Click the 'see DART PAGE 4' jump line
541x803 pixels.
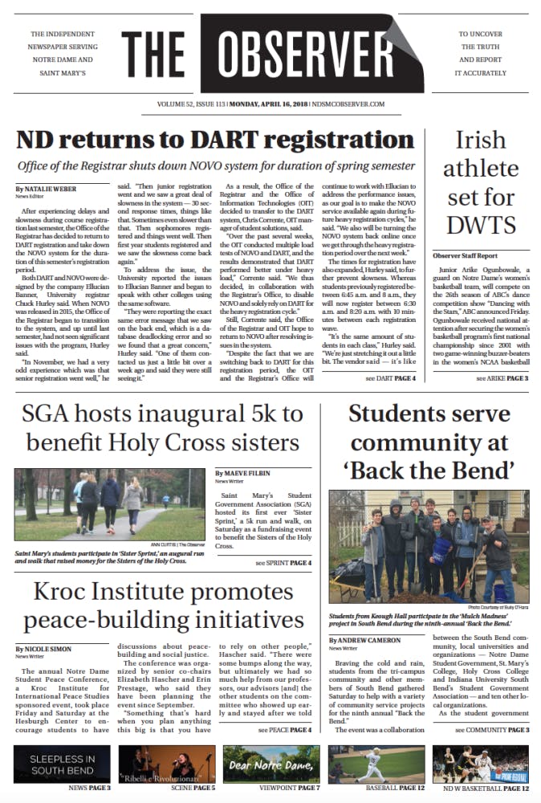tap(390, 377)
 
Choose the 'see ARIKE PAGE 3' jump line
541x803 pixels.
tap(502, 377)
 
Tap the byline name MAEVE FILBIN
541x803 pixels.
tap(246, 475)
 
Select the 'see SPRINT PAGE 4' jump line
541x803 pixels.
tap(283, 563)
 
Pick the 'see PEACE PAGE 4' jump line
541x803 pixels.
tap(284, 730)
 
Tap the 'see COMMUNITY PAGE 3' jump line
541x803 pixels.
tap(491, 730)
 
